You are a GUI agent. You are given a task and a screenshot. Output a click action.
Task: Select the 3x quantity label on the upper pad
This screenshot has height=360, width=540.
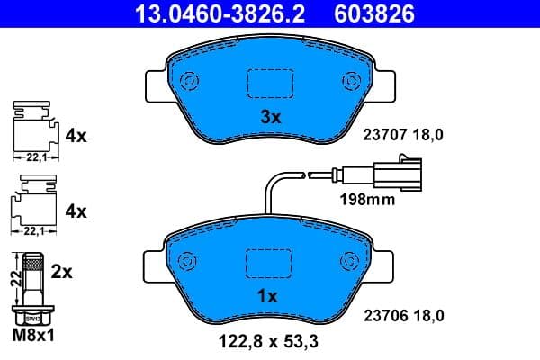tap(271, 117)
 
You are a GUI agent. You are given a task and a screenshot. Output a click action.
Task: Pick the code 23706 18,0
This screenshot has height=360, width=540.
tap(404, 315)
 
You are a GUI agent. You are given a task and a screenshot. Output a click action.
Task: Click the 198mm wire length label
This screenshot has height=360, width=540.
tap(367, 200)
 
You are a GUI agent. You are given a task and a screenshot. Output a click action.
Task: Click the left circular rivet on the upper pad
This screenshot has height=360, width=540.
tap(190, 81)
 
